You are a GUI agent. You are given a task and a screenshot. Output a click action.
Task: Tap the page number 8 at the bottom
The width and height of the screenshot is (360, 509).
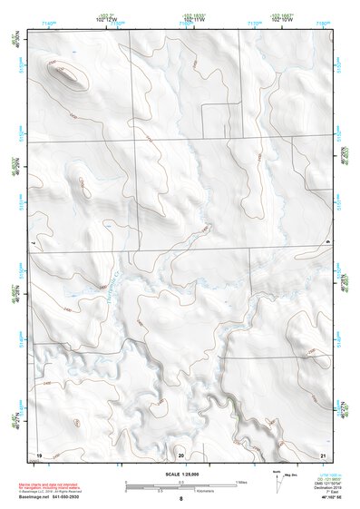[180, 499]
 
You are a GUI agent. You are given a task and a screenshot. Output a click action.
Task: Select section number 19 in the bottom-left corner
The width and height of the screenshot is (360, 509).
[39, 454]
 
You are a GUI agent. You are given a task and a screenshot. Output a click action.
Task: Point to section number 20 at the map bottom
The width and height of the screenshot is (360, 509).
[180, 454]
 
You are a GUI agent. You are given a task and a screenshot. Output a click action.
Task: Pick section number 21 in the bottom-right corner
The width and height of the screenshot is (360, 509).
[323, 454]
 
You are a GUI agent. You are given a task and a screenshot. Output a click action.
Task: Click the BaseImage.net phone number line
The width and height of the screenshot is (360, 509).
[54, 497]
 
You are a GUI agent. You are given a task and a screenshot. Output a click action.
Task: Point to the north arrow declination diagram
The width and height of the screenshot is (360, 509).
[278, 478]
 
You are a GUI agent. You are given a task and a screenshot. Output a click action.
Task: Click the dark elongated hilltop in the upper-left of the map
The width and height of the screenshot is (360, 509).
[69, 73]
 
